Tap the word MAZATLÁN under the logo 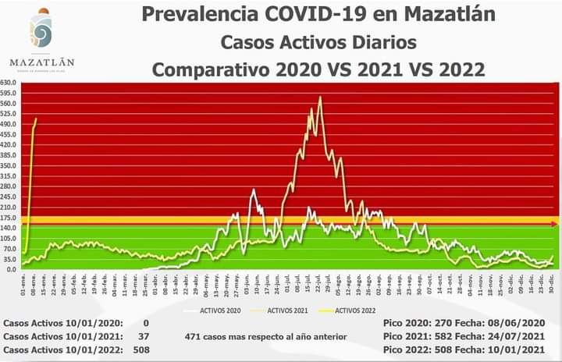[42, 62]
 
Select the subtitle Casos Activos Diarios [319, 41]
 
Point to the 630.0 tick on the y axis [9, 83]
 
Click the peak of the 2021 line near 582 [320, 98]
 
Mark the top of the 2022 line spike [36, 119]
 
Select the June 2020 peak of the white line [253, 190]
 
